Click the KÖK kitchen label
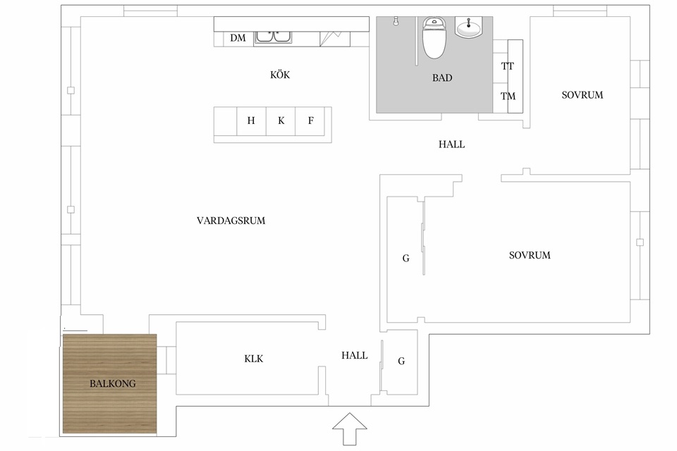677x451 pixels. coord(280,75)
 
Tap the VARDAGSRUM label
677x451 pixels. coord(231,221)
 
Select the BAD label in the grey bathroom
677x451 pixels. coord(442,78)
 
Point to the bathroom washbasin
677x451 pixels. coord(470,28)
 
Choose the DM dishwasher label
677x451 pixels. coord(238,38)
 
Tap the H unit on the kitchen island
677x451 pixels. coord(251,121)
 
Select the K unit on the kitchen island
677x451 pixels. coord(281,121)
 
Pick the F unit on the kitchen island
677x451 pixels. coord(310,121)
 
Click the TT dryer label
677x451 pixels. coord(508,67)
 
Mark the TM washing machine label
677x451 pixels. coord(508,97)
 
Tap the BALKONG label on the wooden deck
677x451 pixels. coord(112,384)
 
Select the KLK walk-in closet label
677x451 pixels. coord(253,359)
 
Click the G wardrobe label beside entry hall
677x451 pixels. coord(401,361)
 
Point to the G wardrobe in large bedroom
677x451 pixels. coord(406,259)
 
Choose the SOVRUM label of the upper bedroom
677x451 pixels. coord(583,95)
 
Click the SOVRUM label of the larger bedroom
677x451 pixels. coord(530,255)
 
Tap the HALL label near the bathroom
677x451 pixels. coord(451,144)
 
